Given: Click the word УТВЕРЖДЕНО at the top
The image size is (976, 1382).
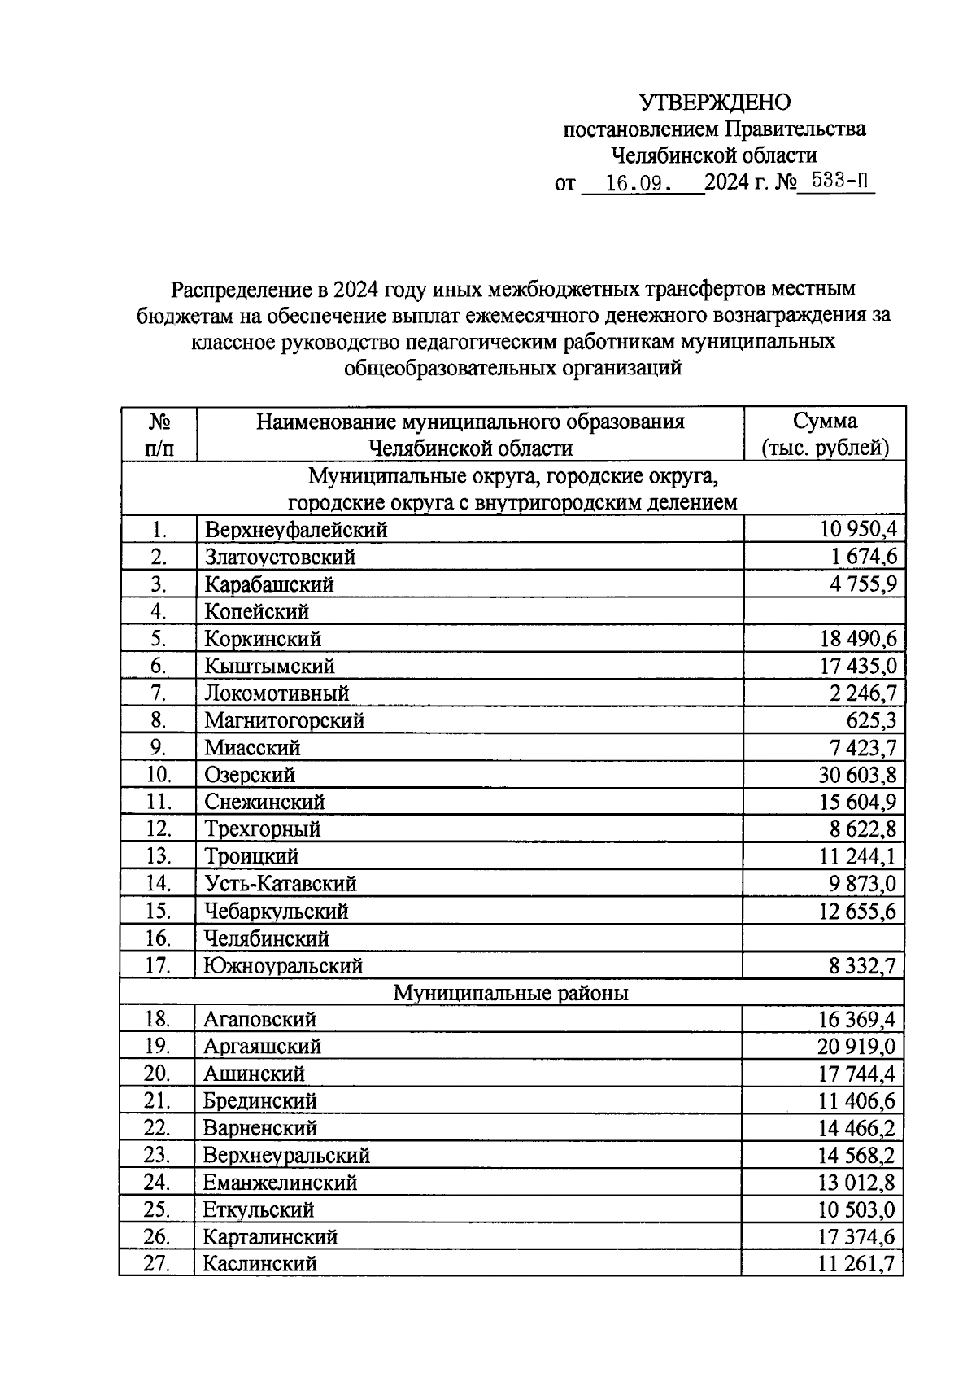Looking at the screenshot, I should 714,103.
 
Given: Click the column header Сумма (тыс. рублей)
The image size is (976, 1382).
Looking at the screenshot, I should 825,435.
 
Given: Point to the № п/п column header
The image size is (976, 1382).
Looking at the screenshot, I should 159,435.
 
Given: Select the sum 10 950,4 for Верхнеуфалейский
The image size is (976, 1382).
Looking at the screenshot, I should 858,530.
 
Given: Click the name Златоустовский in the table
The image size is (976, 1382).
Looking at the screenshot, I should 280,558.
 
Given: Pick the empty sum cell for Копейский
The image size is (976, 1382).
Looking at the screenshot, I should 824,611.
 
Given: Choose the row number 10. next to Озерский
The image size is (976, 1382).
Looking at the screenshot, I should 158,775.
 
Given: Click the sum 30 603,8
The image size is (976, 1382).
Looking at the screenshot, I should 857,775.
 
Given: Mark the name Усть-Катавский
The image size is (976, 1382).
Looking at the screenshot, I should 281,884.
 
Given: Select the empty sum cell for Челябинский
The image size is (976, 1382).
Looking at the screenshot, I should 824,938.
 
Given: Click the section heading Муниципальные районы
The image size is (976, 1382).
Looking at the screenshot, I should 511,993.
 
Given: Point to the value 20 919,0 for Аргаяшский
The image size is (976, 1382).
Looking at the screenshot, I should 856,1047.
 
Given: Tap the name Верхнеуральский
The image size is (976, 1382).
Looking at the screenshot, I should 286,1156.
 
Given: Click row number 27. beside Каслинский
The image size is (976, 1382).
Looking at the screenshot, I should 156,1264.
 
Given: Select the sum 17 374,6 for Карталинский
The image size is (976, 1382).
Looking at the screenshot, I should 856,1237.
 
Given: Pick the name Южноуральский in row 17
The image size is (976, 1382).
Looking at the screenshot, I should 283,966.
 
